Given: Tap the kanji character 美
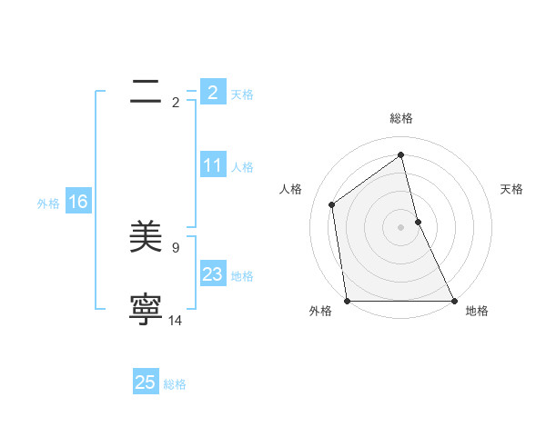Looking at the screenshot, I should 146,238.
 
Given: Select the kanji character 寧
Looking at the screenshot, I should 146,311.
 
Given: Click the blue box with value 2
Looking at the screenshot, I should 213,92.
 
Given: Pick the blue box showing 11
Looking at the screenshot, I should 213,165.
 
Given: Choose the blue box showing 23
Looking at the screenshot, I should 213,274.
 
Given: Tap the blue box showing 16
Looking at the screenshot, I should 78,202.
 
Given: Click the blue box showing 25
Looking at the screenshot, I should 146,382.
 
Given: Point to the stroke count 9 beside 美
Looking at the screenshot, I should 176,247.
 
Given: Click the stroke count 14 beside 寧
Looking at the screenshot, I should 176,320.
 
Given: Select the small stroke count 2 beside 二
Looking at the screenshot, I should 176,102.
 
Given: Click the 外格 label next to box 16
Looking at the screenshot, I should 48,204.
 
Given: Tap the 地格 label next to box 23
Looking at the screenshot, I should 242,276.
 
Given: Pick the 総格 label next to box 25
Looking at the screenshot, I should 175,384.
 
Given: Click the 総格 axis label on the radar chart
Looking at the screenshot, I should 401,118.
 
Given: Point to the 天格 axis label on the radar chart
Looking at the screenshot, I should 512,189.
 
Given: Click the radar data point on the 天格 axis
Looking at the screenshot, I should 418,222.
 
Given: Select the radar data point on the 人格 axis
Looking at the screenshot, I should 332,204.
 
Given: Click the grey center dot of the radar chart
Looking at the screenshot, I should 401,227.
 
